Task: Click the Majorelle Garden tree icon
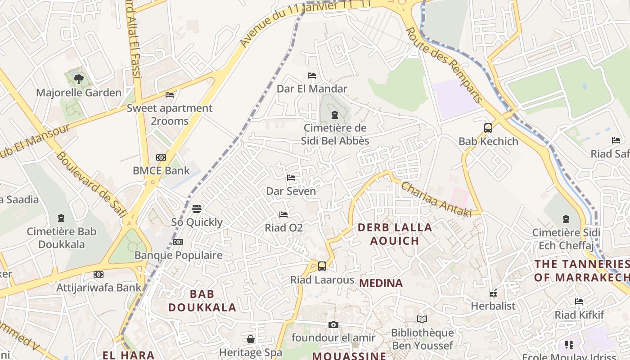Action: [79, 80]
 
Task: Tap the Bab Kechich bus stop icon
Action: [488, 128]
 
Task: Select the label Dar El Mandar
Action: [312, 89]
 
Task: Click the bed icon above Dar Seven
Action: [291, 178]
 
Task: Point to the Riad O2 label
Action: [283, 228]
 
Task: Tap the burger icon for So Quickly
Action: [197, 209]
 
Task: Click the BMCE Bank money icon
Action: [161, 157]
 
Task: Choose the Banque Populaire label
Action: [178, 255]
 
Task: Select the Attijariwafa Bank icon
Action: [99, 274]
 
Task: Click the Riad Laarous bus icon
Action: [322, 266]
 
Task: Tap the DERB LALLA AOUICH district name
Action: [395, 234]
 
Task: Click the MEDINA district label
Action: [381, 283]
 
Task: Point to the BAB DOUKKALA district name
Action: [202, 301]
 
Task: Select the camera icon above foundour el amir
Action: [333, 324]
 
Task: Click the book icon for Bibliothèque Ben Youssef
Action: [422, 319]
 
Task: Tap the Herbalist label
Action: [493, 306]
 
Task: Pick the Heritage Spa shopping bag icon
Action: [251, 339]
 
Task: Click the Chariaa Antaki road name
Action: [436, 200]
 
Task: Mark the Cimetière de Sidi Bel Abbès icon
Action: [335, 115]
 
